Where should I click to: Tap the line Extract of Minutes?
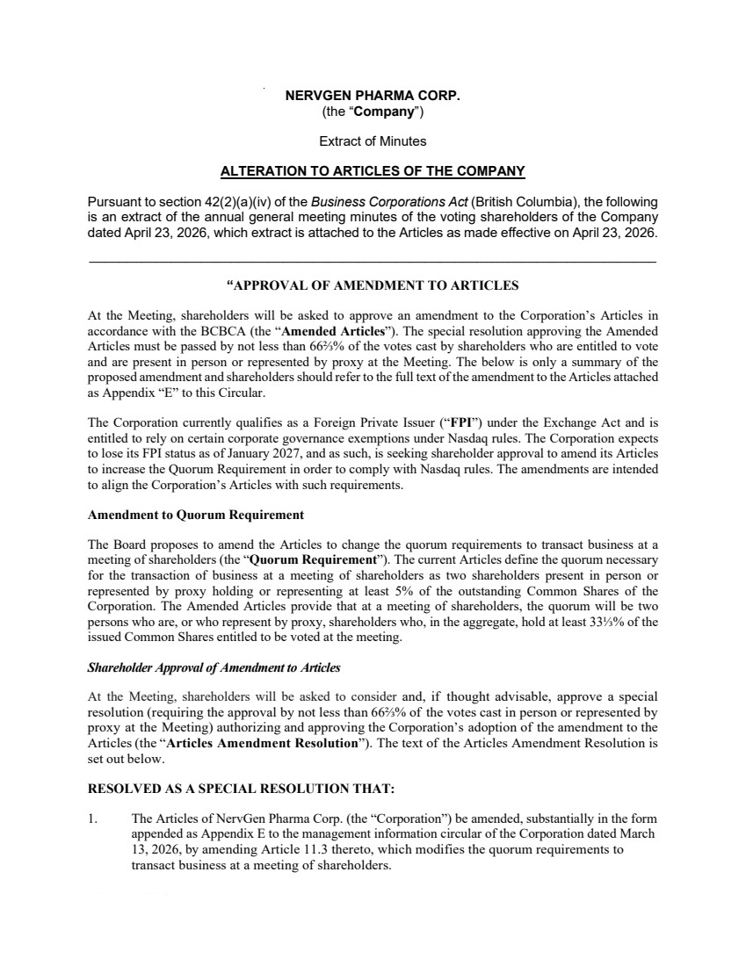click(373, 141)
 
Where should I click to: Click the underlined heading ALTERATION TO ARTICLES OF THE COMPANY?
click(373, 170)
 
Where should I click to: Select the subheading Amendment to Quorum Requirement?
click(196, 515)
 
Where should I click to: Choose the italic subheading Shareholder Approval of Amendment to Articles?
click(214, 667)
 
